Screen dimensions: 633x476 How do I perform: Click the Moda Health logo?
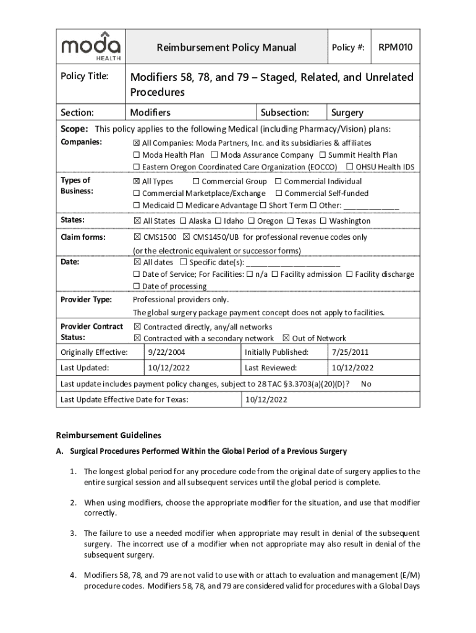pyautogui.click(x=90, y=46)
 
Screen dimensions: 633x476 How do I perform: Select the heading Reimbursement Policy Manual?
pyautogui.click(x=226, y=48)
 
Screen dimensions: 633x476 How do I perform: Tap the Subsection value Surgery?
pyautogui.click(x=347, y=113)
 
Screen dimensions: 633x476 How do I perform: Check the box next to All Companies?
pyautogui.click(x=137, y=143)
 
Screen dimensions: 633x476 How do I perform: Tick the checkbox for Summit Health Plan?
pyautogui.click(x=323, y=155)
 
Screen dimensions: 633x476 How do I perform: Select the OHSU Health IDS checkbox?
pyautogui.click(x=350, y=168)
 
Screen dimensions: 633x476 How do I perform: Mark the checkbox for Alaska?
pyautogui.click(x=183, y=221)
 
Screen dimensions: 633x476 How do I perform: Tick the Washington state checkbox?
pyautogui.click(x=323, y=221)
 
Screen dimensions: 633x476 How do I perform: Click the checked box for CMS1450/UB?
pyautogui.click(x=186, y=237)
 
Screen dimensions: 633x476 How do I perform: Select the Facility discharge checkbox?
pyautogui.click(x=349, y=274)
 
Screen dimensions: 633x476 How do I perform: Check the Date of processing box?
pyautogui.click(x=137, y=286)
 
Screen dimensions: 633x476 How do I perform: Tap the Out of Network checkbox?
pyautogui.click(x=286, y=338)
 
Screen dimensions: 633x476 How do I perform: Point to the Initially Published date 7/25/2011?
pyautogui.click(x=350, y=352)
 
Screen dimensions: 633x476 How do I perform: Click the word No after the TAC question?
pyautogui.click(x=366, y=384)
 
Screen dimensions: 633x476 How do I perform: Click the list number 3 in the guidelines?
pyautogui.click(x=73, y=533)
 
